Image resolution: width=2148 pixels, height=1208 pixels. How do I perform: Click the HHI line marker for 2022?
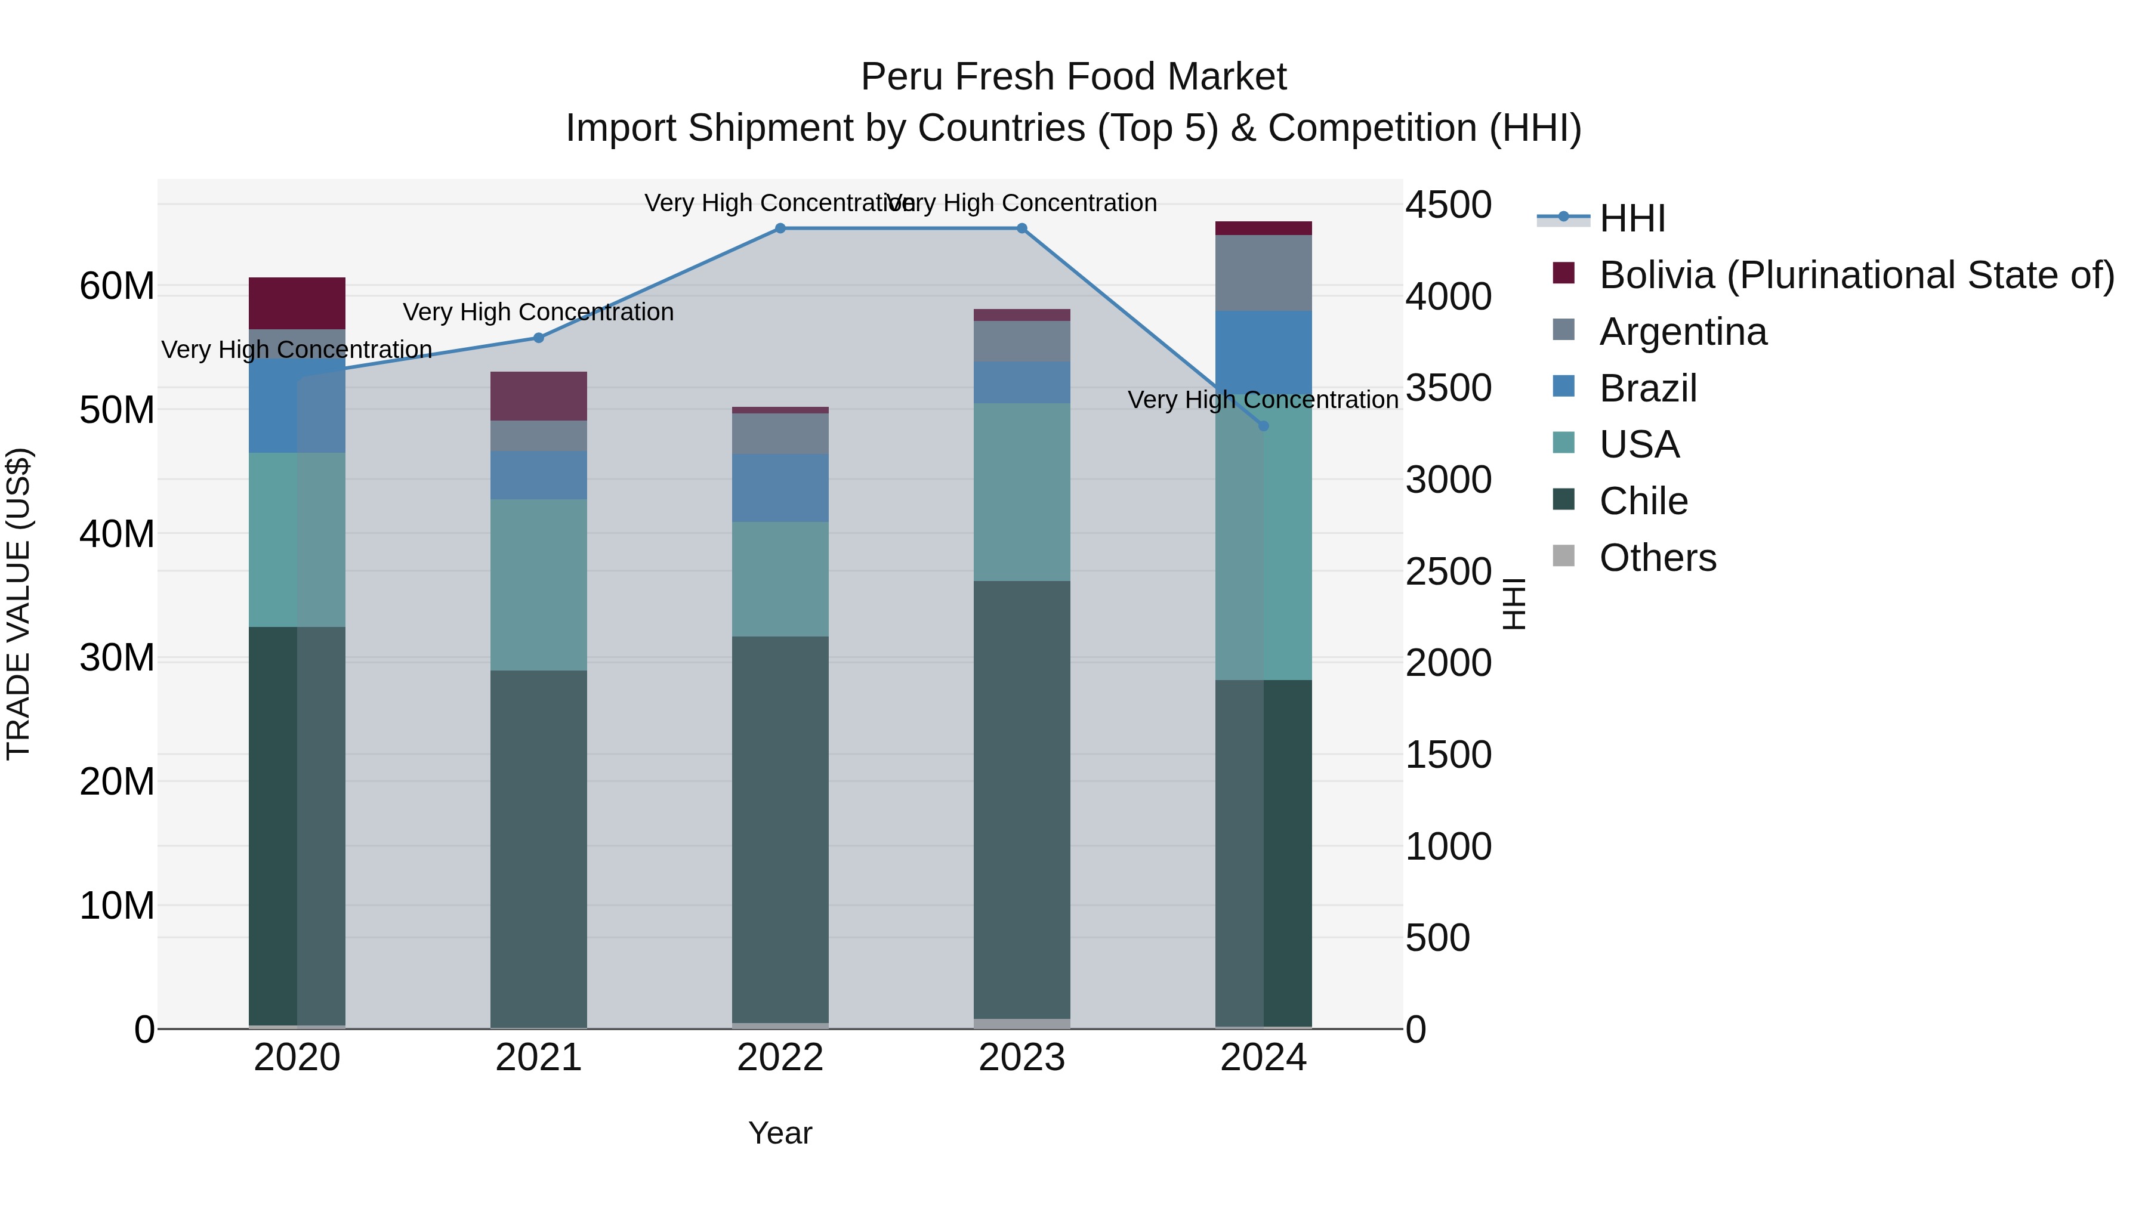click(780, 228)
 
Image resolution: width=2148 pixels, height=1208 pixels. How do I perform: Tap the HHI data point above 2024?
click(1263, 426)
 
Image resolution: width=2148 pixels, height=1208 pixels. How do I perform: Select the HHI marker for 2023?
click(1021, 228)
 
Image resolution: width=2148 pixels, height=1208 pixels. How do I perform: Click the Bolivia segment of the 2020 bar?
click(297, 304)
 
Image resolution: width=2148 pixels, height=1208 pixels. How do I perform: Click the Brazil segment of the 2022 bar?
click(780, 488)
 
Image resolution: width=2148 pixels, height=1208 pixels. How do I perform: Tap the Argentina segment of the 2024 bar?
click(1263, 273)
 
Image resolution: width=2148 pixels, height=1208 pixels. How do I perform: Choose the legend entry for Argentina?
click(1682, 332)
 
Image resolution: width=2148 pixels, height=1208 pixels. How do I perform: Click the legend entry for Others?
click(1657, 558)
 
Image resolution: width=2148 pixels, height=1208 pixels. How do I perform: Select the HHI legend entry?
click(1631, 218)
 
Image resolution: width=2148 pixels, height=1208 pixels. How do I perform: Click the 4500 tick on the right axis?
click(1448, 205)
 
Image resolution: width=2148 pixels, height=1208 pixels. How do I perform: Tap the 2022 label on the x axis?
click(780, 1058)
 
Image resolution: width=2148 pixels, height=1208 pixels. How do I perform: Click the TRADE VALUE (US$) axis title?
click(18, 604)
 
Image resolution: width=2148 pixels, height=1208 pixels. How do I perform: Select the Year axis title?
click(780, 1133)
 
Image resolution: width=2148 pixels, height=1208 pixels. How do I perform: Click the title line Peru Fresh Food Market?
click(1073, 77)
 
